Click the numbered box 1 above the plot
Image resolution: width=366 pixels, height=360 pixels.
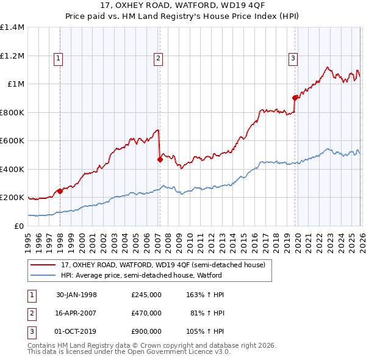coord(59,59)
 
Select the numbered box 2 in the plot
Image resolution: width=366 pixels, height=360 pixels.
coord(158,59)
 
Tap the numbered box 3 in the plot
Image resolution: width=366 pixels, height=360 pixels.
coord(293,59)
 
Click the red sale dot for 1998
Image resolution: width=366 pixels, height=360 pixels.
coord(60,191)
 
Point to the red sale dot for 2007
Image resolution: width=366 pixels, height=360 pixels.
coord(160,159)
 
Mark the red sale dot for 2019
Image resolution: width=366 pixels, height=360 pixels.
coord(295,98)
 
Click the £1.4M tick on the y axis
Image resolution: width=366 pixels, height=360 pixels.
coord(12,27)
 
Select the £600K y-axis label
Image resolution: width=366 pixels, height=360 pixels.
coord(12,140)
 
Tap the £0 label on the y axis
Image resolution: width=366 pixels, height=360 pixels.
coord(19,226)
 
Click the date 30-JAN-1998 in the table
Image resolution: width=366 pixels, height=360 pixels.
coord(76,295)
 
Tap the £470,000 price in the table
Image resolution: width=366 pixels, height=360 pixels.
coord(146,313)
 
